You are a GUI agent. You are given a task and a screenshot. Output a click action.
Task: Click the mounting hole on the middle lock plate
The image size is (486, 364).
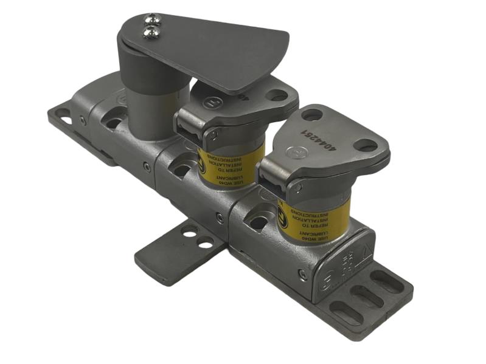277,95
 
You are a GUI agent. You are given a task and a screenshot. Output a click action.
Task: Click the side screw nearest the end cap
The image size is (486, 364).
302,274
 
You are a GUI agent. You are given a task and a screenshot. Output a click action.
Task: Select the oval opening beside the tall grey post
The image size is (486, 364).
113,122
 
